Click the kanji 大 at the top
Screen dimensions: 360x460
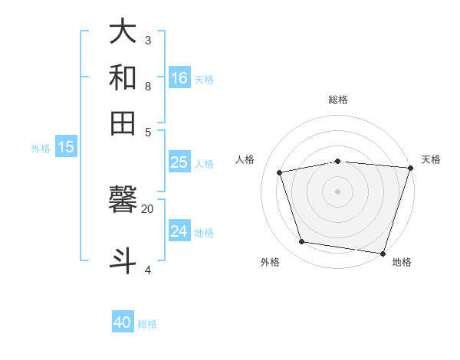click(123, 31)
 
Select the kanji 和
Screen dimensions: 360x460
click(123, 77)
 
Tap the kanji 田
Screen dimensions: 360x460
click(123, 123)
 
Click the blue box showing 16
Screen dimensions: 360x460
click(179, 77)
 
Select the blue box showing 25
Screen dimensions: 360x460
click(179, 162)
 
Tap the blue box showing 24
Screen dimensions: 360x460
click(179, 231)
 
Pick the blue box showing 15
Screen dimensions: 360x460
click(66, 147)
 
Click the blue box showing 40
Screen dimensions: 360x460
click(123, 322)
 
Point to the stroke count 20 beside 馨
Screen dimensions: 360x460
click(147, 208)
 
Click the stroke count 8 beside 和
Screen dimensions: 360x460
click(148, 87)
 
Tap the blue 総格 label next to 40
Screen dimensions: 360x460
click(147, 324)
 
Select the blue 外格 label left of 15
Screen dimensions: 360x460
click(41, 149)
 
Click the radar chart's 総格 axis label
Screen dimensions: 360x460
click(338, 100)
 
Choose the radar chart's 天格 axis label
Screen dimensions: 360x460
click(431, 159)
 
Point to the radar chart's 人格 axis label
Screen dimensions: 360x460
click(245, 159)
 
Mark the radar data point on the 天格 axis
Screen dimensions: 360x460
click(410, 168)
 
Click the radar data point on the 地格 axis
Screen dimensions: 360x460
click(383, 253)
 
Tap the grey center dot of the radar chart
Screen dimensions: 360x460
click(338, 191)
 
